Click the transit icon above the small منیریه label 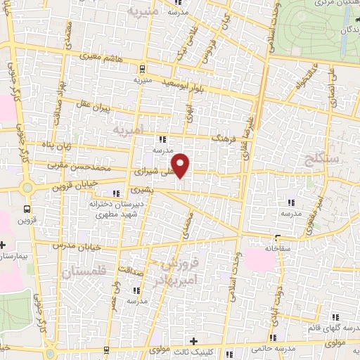[143, 69]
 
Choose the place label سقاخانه [278, 248]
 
